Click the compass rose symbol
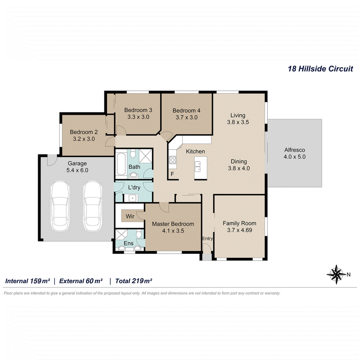coord(336,274)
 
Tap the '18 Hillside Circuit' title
coord(320,69)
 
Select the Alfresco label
coord(295,150)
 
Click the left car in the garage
coord(60,206)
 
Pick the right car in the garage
coord(92,206)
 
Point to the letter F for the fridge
coord(172,174)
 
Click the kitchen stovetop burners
coord(173,160)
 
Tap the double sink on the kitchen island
coord(198,166)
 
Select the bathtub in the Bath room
coord(121,164)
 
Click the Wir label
coord(130,216)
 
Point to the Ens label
coord(129,243)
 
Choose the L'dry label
coord(134,187)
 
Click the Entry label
coord(207,239)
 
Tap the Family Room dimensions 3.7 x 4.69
coord(239,230)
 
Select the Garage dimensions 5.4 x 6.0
coord(77,170)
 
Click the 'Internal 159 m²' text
coord(27,281)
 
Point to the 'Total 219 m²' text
coord(134,281)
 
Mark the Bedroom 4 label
coord(186,110)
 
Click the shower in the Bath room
coord(145,156)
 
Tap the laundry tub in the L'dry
coord(132,198)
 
